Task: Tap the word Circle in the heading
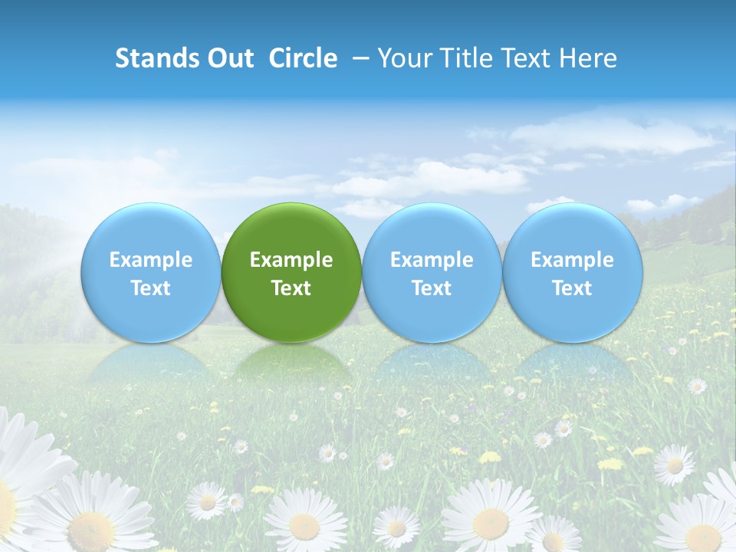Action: coord(303,58)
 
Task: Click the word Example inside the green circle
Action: coord(291,260)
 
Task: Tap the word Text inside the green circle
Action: coord(291,288)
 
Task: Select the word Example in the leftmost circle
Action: coord(150,260)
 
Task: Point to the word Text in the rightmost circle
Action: coord(573,288)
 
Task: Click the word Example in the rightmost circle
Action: coord(573,260)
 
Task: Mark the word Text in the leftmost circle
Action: coord(150,288)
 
